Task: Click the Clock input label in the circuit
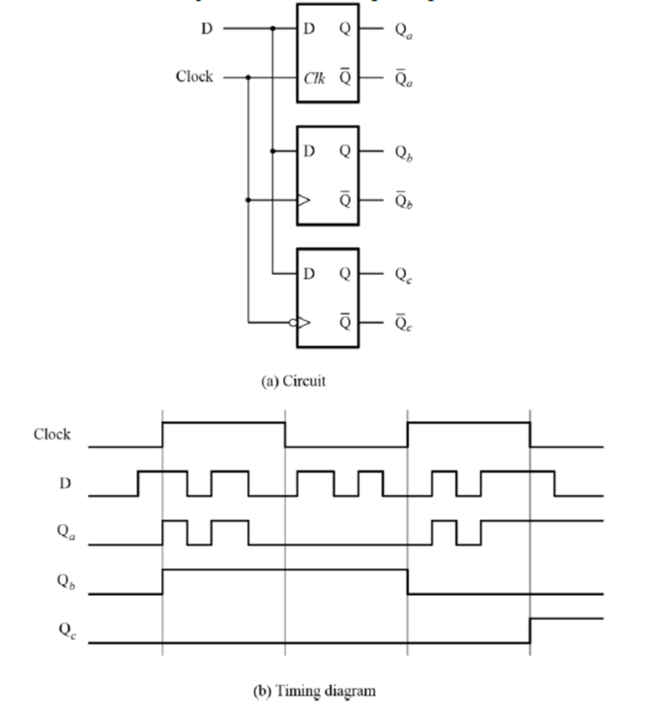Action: click(194, 77)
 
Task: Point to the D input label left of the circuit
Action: click(207, 29)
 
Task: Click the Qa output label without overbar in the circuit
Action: click(404, 30)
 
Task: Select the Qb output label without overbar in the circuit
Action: click(404, 152)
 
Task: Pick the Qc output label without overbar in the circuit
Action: click(404, 274)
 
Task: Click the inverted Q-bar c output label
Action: click(404, 322)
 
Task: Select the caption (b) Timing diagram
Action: click(315, 691)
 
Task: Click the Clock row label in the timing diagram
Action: click(52, 435)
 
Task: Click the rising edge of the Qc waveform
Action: click(530, 631)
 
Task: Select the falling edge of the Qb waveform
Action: click(408, 582)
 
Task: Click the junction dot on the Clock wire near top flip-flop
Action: click(248, 77)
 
